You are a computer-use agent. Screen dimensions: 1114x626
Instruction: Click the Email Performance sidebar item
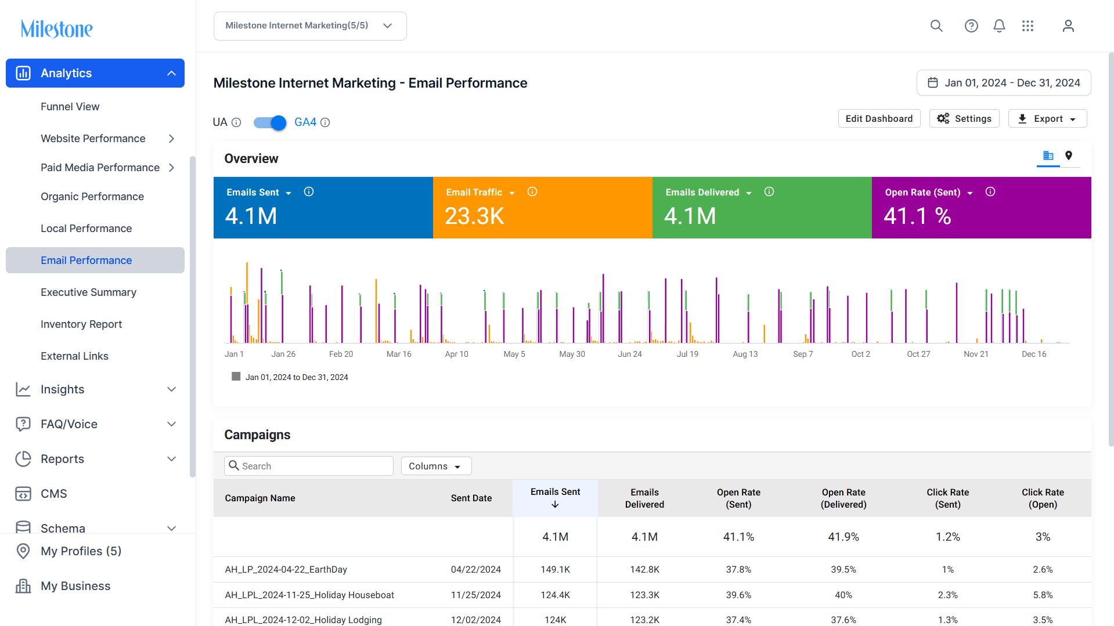coord(86,260)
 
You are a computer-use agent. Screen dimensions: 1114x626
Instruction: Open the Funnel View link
coord(70,107)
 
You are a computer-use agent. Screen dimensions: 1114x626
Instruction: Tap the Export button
coord(1047,119)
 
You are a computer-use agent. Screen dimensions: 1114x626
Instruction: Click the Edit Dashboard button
coord(879,119)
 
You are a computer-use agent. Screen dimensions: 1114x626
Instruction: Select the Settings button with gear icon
coord(964,119)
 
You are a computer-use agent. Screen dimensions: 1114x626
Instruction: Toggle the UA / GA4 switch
coord(270,122)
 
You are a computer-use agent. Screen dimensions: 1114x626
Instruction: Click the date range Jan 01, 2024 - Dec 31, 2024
coord(1004,83)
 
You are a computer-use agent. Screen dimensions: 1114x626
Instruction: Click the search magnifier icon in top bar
coord(936,26)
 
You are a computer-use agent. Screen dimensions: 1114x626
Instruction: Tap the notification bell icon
coord(999,26)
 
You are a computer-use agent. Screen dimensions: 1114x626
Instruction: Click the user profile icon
coord(1068,26)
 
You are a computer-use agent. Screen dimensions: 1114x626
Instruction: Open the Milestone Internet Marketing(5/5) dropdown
coord(310,26)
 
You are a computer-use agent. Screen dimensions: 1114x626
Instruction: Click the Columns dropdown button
coord(436,466)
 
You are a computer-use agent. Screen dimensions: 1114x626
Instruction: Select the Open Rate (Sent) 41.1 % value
coord(917,216)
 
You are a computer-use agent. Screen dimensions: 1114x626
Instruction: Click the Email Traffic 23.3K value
coord(474,216)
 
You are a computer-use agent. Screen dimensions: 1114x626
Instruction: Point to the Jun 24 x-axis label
coord(630,354)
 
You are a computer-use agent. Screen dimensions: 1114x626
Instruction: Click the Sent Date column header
coord(471,498)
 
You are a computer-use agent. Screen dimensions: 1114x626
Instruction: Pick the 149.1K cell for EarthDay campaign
coord(556,570)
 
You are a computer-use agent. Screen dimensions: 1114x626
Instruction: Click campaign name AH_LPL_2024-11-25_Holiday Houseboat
coord(309,595)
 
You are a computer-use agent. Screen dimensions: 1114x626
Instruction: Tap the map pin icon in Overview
coord(1069,155)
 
